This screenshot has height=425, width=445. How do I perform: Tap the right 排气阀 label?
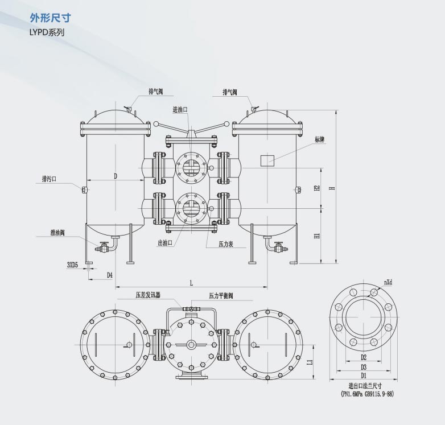(230, 92)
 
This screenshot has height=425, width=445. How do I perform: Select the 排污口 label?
(50, 179)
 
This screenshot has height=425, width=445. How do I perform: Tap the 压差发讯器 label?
(148, 295)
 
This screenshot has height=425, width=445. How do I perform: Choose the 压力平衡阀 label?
(221, 295)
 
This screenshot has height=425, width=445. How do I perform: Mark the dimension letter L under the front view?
(191, 283)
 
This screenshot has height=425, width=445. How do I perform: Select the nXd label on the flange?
(389, 282)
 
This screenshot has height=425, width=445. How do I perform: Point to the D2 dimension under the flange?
(363, 358)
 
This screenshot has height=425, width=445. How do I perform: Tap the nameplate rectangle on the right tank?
(267, 160)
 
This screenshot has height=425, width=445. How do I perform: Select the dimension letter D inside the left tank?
(115, 176)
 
